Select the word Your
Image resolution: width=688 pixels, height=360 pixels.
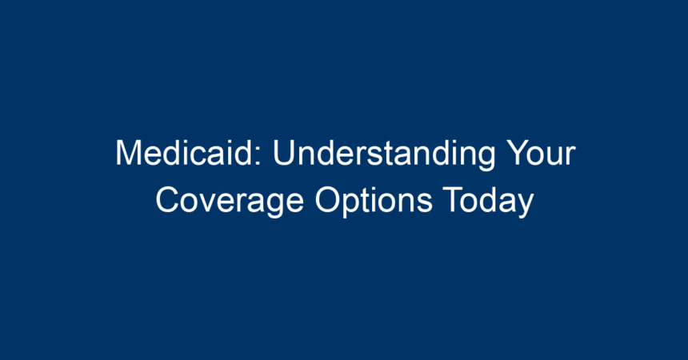click(x=541, y=153)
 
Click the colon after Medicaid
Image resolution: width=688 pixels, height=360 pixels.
click(x=258, y=156)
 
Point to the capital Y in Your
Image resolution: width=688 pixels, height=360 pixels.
click(x=518, y=153)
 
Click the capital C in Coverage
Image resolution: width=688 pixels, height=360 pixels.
click(x=169, y=200)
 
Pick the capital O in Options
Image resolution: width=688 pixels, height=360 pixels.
click(x=328, y=200)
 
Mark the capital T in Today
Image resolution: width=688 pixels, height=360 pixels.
click(x=454, y=200)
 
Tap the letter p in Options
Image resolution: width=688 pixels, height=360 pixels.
click(x=354, y=206)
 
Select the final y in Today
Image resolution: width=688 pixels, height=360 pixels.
click(x=526, y=206)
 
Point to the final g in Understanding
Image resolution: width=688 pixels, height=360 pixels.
click(x=486, y=159)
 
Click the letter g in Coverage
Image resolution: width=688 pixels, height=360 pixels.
click(x=274, y=206)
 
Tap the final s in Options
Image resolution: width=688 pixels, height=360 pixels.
click(x=425, y=203)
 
